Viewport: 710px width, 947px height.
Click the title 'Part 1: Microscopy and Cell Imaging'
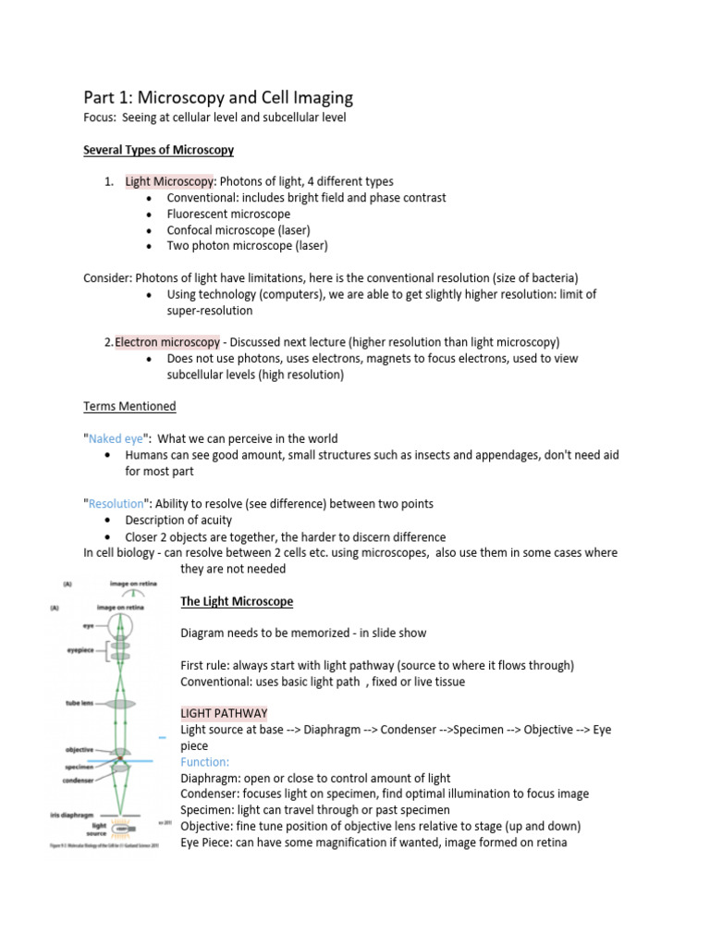[218, 98]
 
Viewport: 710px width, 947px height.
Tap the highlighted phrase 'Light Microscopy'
[169, 181]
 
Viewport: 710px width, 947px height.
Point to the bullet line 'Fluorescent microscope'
[228, 214]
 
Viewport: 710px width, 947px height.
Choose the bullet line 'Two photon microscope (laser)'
[247, 246]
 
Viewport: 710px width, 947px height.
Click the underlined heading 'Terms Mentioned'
[129, 406]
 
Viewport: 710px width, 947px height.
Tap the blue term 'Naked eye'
[116, 438]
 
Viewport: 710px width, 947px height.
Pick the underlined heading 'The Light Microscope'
[237, 601]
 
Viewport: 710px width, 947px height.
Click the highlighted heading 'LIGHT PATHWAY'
[224, 714]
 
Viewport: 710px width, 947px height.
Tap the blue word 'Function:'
[204, 762]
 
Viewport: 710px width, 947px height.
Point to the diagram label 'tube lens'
[74, 703]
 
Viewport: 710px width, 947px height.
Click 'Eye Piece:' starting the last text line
[208, 842]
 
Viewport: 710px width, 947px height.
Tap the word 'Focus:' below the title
[101, 117]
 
